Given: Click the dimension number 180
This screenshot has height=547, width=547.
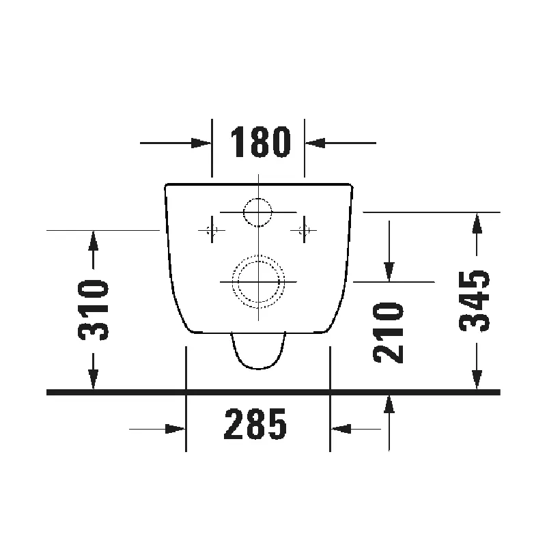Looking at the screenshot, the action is point(260,141).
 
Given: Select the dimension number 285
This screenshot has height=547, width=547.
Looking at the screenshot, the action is point(255,424).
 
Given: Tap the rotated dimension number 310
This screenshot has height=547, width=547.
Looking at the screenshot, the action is point(93,310).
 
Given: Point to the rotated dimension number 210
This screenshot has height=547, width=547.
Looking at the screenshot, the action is point(388,333).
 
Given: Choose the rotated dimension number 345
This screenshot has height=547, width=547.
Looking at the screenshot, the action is point(474,301).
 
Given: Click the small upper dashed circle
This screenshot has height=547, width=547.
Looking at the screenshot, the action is point(258,212).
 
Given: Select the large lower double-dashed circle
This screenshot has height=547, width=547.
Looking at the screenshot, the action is point(258,282).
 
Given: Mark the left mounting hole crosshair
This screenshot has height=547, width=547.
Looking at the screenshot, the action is point(212,230).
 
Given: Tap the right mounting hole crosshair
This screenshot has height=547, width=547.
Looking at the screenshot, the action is point(304,230).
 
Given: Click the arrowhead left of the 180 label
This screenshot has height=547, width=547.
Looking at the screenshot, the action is point(201,143).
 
